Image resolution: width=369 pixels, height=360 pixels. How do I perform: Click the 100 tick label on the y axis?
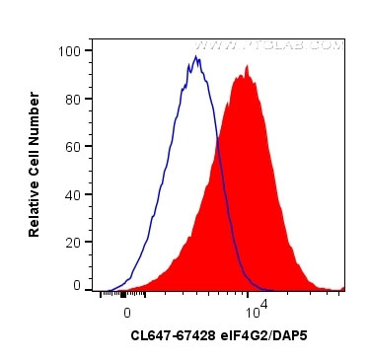click(x=70, y=50)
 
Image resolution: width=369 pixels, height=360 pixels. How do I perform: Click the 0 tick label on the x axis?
click(x=126, y=311)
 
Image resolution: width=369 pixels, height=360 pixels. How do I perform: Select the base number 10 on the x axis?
click(x=252, y=313)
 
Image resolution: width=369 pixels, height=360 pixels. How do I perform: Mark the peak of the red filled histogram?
click(x=239, y=77)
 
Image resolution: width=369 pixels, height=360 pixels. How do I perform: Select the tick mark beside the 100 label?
click(x=90, y=50)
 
